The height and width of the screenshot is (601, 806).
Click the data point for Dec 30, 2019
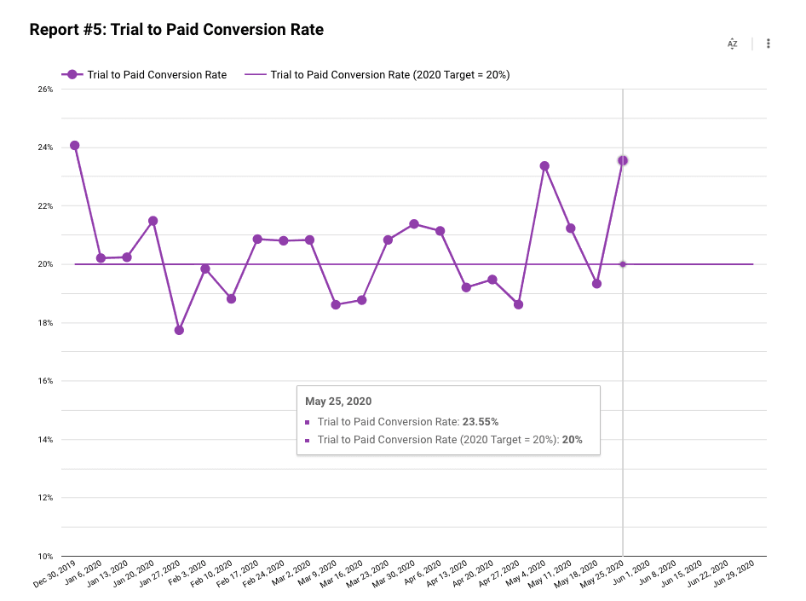point(75,146)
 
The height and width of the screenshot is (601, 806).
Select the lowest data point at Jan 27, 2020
point(179,330)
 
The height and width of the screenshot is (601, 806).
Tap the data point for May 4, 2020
point(544,166)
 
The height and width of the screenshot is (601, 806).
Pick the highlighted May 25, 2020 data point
point(623,160)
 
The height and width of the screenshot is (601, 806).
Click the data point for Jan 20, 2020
point(153,221)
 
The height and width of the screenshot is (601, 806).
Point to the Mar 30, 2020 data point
point(414,224)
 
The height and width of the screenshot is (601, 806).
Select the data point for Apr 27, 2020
point(518,304)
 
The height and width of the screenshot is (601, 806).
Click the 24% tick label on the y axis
point(44,147)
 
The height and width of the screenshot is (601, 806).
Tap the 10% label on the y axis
point(44,557)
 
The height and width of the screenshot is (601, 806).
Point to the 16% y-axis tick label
point(44,381)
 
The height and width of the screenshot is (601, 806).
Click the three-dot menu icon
point(769,43)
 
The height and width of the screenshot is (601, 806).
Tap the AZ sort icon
point(732,43)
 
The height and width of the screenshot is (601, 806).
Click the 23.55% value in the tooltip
point(481,422)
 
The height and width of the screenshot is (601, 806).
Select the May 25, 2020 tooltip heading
point(338,402)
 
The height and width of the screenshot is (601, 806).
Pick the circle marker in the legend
point(72,75)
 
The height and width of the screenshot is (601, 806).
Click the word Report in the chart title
point(55,30)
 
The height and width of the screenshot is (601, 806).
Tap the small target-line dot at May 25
point(623,264)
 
